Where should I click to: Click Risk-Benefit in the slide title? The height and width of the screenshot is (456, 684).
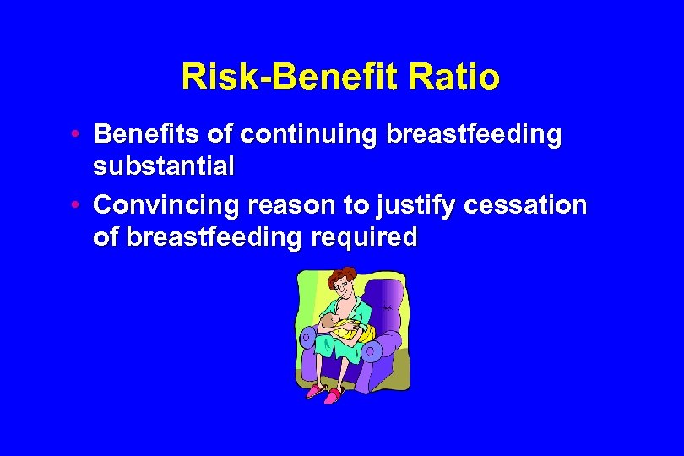[291, 78]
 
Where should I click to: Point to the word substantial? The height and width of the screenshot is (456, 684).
[164, 166]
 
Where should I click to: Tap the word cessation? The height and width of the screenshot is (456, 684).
[532, 205]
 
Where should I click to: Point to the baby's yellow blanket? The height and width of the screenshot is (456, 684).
[350, 331]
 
